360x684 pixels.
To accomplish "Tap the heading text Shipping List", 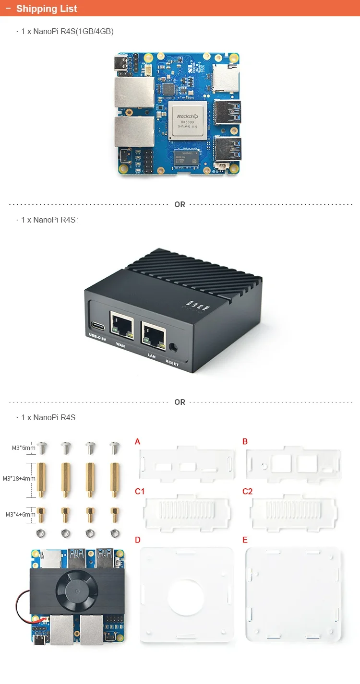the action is click(47, 9).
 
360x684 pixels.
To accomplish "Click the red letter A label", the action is click(138, 441).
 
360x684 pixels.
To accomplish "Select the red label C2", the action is click(247, 491).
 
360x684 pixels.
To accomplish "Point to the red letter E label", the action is click(245, 540).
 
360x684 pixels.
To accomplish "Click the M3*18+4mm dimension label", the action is click(19, 478).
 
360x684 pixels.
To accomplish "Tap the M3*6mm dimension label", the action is click(24, 448).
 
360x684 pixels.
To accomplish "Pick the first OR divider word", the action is click(180, 204).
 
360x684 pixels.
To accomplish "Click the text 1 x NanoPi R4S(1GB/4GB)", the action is click(67, 31).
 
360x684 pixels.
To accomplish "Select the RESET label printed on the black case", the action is click(172, 364).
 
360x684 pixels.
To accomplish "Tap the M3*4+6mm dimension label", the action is click(20, 514).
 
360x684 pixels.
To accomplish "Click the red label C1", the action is click(140, 491).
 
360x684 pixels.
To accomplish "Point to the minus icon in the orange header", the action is click(8, 9).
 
